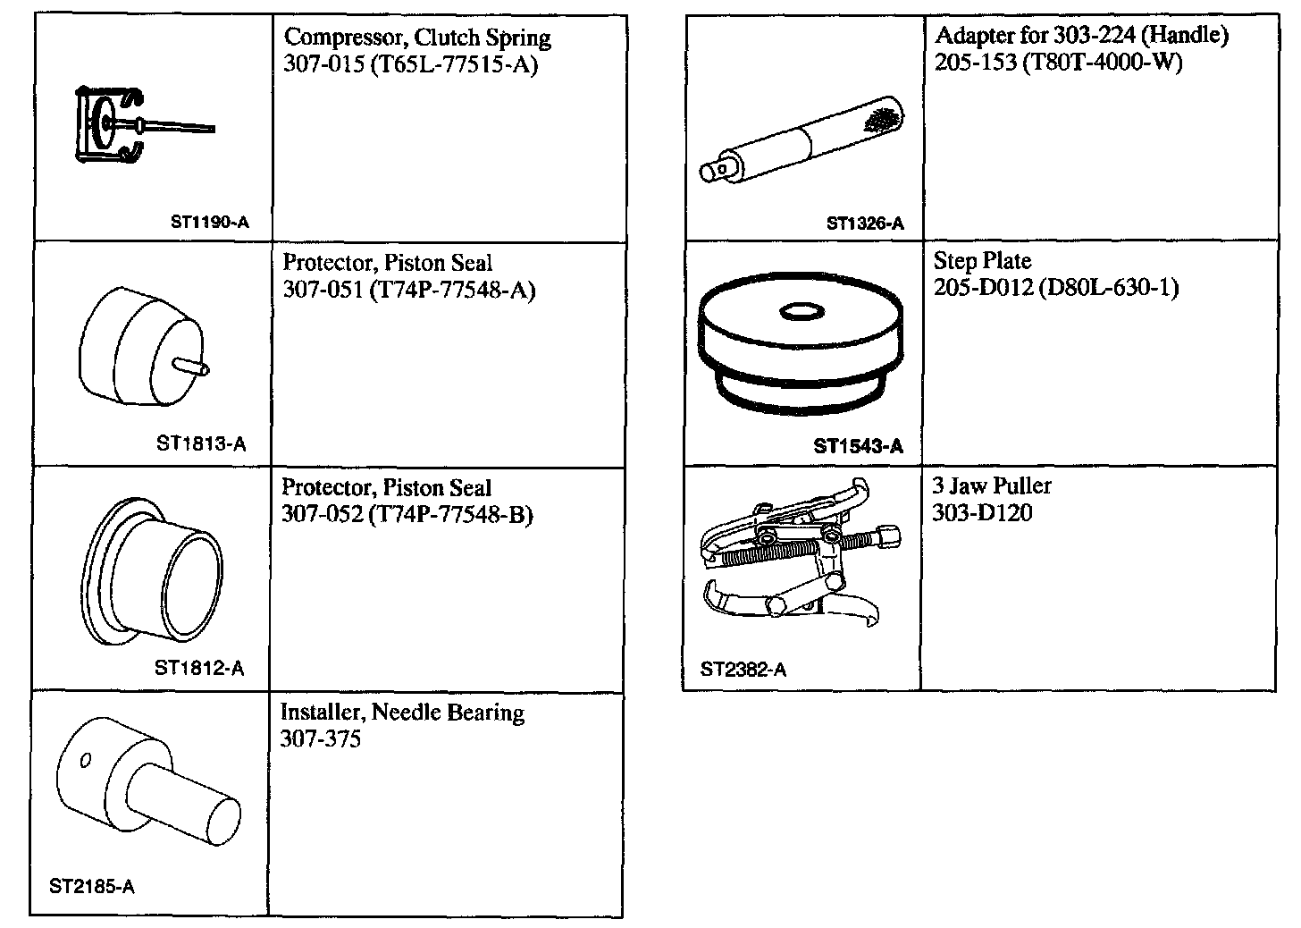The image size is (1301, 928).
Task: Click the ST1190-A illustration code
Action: (x=209, y=222)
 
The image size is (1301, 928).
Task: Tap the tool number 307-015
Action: (x=317, y=65)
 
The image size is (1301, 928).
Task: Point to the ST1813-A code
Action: (x=201, y=444)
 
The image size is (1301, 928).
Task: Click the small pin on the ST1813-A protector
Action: (x=192, y=365)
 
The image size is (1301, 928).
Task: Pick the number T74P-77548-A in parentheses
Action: (x=451, y=291)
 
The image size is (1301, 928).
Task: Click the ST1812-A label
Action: (x=199, y=668)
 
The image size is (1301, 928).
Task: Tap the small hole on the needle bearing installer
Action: (x=86, y=761)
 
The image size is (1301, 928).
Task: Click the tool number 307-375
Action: (x=321, y=739)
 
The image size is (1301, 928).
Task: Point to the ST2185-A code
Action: (x=92, y=887)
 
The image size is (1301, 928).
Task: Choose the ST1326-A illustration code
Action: (x=865, y=224)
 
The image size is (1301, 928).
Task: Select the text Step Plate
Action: (x=982, y=261)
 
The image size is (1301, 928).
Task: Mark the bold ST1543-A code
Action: (x=858, y=446)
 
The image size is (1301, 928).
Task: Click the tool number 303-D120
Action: (x=982, y=512)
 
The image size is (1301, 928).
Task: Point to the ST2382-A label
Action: (x=743, y=670)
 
